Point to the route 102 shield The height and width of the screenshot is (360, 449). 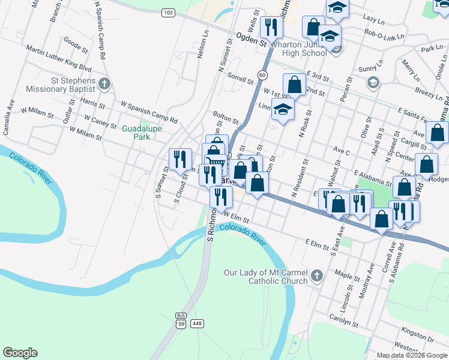(168, 12)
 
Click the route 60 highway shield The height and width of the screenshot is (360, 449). (262, 74)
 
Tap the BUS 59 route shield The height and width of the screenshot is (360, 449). (181, 320)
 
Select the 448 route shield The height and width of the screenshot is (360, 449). (197, 323)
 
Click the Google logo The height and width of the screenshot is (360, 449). (20, 353)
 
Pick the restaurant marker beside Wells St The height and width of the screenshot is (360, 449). (271, 28)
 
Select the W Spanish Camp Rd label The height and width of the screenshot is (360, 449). (149, 112)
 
